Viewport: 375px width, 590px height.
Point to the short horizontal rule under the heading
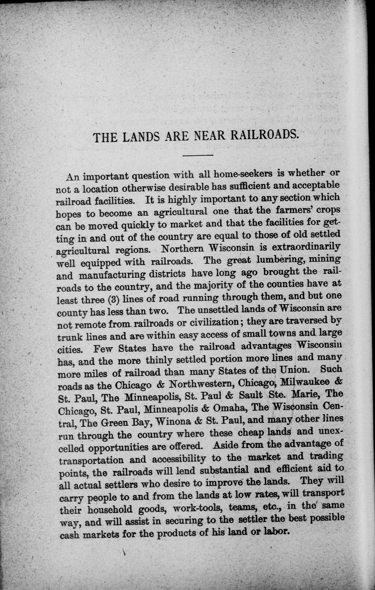197,155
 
